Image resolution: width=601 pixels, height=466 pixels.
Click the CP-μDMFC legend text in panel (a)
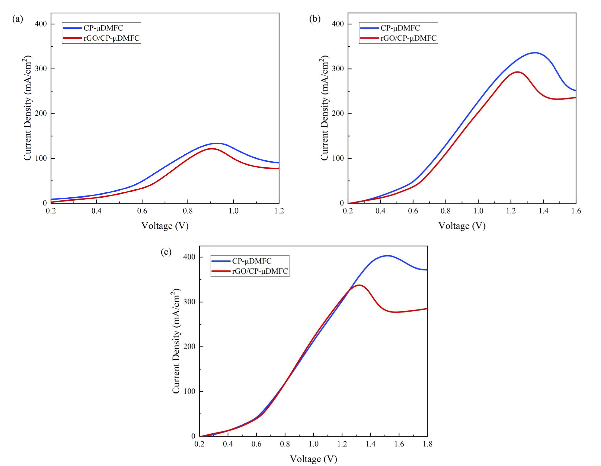[103, 28]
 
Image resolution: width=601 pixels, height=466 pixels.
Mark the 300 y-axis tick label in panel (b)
[338, 69]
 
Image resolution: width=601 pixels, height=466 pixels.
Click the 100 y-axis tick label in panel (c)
[189, 391]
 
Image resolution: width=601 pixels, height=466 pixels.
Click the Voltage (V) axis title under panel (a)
[165, 226]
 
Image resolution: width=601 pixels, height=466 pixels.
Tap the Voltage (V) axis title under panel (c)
[313, 459]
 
